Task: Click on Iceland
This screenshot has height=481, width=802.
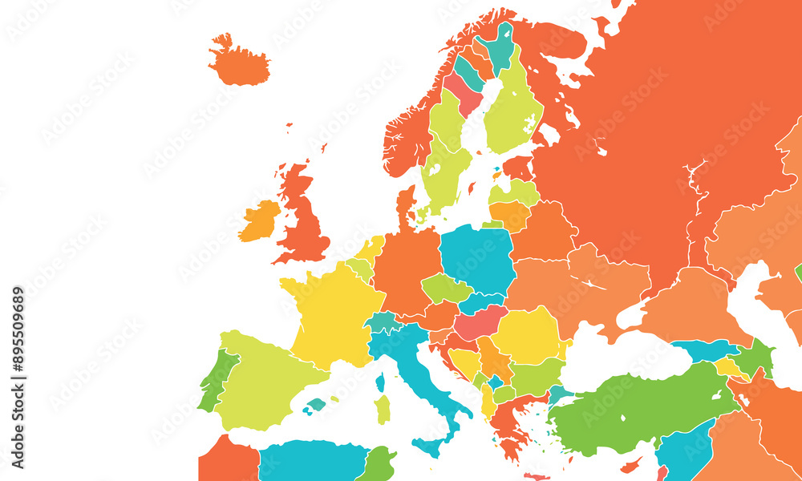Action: [239, 64]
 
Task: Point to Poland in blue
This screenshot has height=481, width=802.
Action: [477, 257]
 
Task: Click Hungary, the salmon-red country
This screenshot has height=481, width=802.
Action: [479, 323]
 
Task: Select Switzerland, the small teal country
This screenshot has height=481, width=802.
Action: [384, 322]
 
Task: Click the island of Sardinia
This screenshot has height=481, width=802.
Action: [383, 409]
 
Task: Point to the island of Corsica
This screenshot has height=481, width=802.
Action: [379, 382]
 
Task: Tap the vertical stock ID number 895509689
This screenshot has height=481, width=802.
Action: [18, 377]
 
